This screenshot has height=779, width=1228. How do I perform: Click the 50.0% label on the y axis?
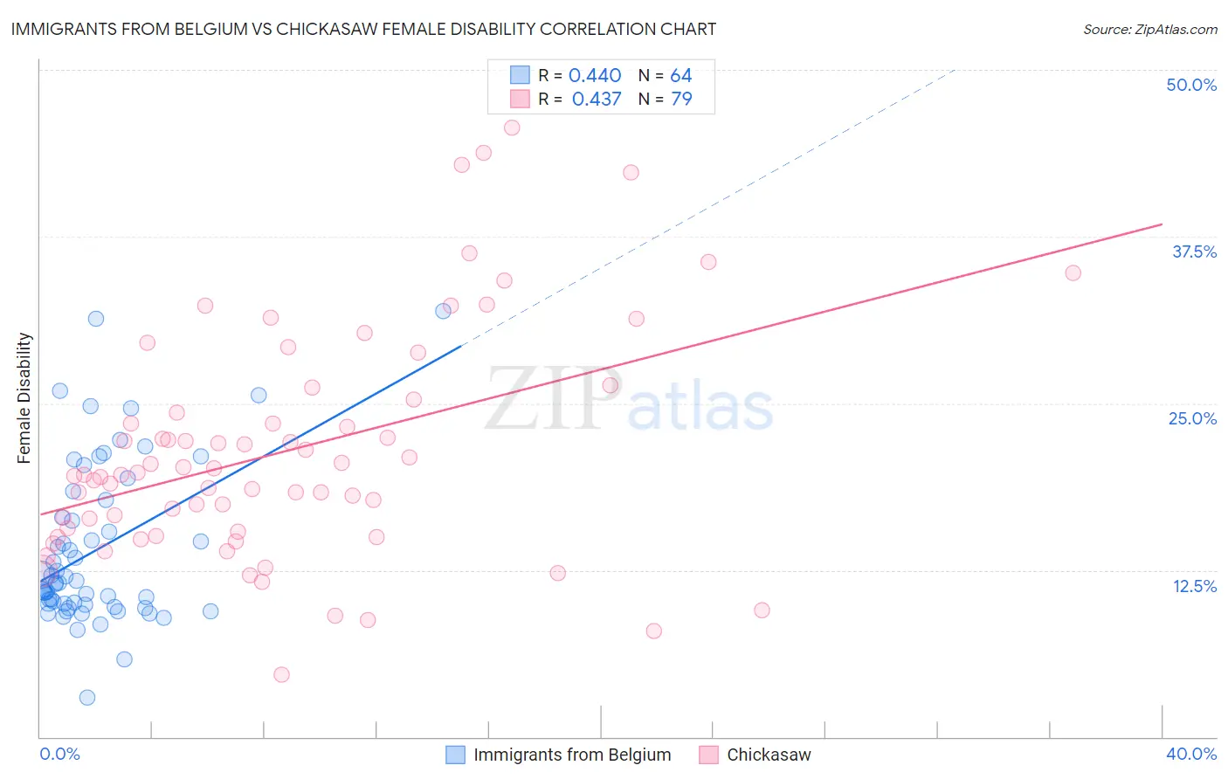(1191, 85)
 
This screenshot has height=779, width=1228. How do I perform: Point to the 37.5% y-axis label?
(1194, 252)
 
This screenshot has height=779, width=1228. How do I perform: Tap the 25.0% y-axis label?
(1192, 418)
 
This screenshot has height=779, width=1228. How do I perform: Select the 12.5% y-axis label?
(1194, 586)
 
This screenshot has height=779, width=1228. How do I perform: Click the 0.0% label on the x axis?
(59, 754)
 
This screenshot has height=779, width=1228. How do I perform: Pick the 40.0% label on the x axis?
(1191, 754)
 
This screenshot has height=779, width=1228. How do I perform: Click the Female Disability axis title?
(24, 398)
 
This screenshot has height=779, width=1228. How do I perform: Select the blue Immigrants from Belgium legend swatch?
(455, 755)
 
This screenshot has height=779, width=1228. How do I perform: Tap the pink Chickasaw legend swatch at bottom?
(708, 755)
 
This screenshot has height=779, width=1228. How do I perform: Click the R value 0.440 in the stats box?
(595, 76)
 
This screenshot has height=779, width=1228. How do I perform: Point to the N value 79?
(681, 100)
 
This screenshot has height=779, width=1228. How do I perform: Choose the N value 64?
(681, 76)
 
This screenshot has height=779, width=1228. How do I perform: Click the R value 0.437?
(597, 100)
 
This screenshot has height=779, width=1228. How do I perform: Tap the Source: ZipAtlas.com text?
(1149, 30)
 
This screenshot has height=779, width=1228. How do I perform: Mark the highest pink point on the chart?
(512, 128)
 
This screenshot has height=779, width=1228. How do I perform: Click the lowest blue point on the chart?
(87, 697)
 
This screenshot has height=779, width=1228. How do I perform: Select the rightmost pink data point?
(1073, 273)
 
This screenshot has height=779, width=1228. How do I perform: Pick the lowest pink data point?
(281, 674)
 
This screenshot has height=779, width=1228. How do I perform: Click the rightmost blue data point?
(443, 311)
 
